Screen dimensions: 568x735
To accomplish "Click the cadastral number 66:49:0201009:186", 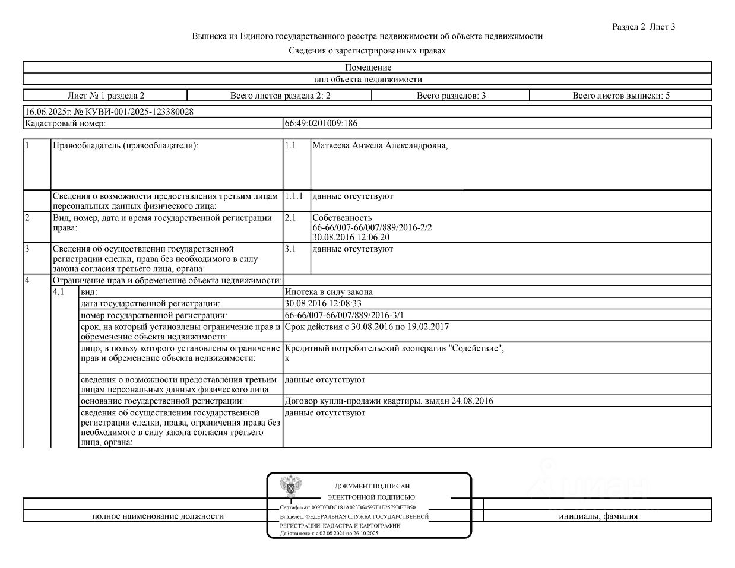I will click(x=321, y=123).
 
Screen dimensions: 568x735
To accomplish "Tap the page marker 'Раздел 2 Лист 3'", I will click(x=644, y=27).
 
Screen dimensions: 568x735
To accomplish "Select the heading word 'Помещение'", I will click(x=367, y=68).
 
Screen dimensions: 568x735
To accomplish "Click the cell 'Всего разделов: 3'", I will click(x=451, y=95).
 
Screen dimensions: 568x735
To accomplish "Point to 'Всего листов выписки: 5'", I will click(x=620, y=95).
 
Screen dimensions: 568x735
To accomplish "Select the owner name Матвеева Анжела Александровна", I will click(x=379, y=145).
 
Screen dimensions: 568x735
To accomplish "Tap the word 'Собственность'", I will click(x=342, y=218).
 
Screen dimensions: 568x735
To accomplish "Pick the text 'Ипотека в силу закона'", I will click(x=329, y=292).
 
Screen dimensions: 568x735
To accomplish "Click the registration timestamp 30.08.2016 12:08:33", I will click(x=323, y=303).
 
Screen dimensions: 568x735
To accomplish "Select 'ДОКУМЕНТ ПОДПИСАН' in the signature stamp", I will click(x=372, y=486).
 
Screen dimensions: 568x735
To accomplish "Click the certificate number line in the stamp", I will click(x=348, y=508).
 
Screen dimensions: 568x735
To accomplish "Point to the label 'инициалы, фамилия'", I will click(x=598, y=516).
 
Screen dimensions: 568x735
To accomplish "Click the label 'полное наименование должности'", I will click(x=158, y=516).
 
